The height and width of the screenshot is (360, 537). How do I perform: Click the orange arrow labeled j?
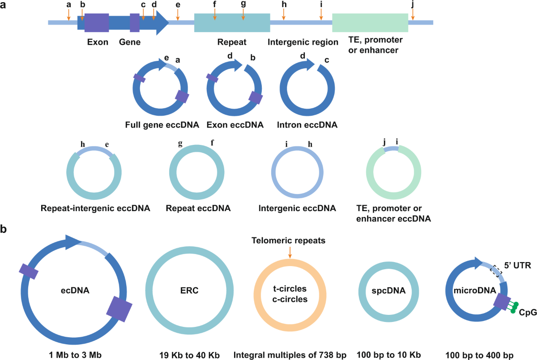click(x=412, y=15)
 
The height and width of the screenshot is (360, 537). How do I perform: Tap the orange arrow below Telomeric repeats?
click(x=290, y=253)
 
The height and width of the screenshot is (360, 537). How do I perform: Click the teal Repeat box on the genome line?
click(x=232, y=22)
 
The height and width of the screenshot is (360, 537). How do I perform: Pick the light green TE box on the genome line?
click(x=370, y=22)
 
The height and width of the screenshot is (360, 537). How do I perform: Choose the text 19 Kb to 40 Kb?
click(x=185, y=355)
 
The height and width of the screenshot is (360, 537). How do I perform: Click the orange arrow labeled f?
click(x=215, y=15)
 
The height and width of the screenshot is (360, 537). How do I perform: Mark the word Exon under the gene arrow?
click(x=98, y=42)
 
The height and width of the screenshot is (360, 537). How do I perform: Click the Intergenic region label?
click(x=303, y=42)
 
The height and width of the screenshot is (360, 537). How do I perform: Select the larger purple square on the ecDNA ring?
click(x=119, y=312)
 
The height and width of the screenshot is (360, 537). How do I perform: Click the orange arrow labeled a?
click(x=68, y=15)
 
